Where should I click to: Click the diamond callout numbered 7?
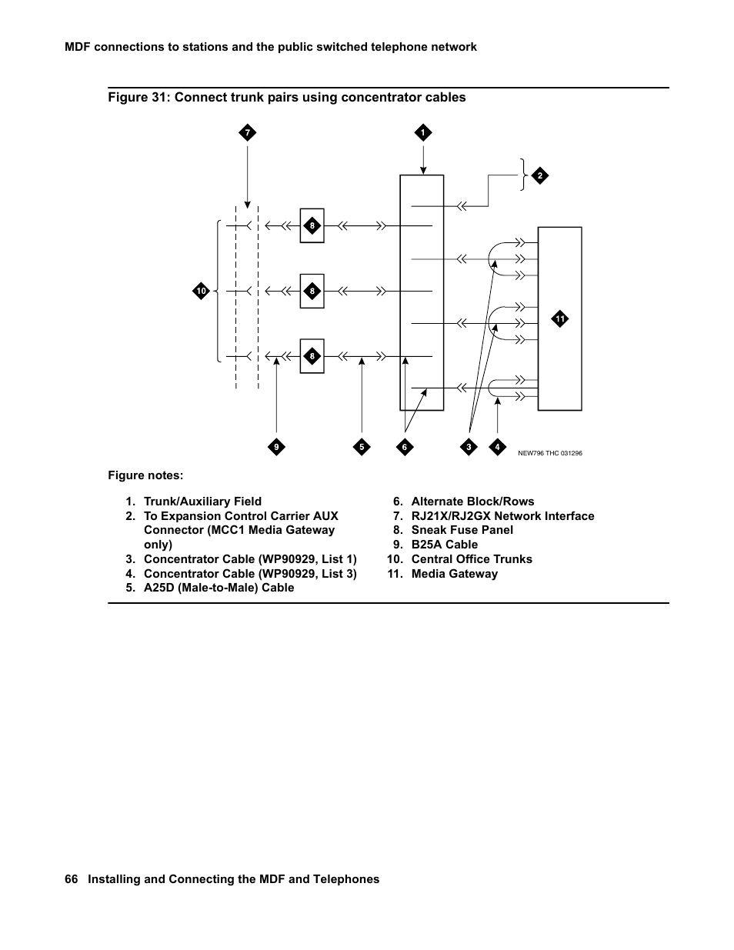(x=247, y=133)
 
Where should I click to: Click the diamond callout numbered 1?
(x=422, y=133)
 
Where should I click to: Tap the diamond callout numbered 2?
(x=540, y=176)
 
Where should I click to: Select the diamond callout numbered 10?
(x=201, y=291)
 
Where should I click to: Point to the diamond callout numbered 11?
(x=560, y=318)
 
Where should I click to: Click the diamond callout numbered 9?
(x=276, y=447)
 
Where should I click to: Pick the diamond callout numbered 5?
(x=362, y=447)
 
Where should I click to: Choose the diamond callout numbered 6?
(x=405, y=447)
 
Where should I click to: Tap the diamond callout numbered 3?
(x=469, y=447)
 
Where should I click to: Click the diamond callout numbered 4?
(x=497, y=447)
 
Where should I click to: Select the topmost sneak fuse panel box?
(x=312, y=225)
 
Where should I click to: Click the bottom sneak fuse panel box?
(x=312, y=356)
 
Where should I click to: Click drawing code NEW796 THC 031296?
(x=549, y=453)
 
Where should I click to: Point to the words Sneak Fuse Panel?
(x=462, y=530)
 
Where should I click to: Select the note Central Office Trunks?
(x=471, y=559)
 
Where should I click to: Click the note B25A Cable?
(x=444, y=545)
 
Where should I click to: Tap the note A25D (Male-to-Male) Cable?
(x=219, y=588)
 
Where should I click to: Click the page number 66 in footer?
(x=72, y=879)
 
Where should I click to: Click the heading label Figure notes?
(x=145, y=475)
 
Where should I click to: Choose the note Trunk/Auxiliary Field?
(x=202, y=502)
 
